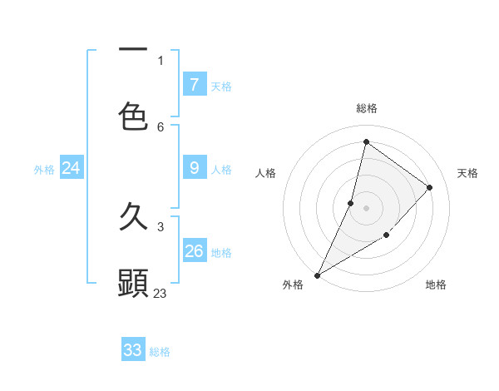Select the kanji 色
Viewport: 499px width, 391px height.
pyautogui.click(x=133, y=116)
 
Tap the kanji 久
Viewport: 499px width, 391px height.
pyautogui.click(x=133, y=218)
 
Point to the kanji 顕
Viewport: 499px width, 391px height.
pyautogui.click(x=133, y=283)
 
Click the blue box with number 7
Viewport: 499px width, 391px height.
pyautogui.click(x=195, y=84)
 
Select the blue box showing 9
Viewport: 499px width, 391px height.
pyautogui.click(x=195, y=168)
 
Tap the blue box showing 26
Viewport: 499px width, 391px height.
pyautogui.click(x=195, y=251)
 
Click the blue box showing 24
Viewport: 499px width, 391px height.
pyautogui.click(x=72, y=168)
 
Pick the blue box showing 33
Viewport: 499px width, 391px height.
pyautogui.click(x=133, y=350)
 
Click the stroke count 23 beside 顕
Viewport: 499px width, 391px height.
pyautogui.click(x=161, y=293)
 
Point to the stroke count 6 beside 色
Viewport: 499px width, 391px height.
pyautogui.click(x=161, y=126)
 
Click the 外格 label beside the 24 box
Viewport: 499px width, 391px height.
pyautogui.click(x=44, y=170)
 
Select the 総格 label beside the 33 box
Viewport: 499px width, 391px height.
pyautogui.click(x=160, y=352)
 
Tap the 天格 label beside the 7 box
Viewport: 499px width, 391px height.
pyautogui.click(x=220, y=86)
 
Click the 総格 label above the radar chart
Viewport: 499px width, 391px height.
pyautogui.click(x=366, y=108)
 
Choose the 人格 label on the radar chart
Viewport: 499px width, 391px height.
pyautogui.click(x=265, y=173)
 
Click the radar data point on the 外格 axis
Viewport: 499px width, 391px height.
pyautogui.click(x=317, y=275)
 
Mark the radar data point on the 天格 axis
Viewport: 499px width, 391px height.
pyautogui.click(x=430, y=187)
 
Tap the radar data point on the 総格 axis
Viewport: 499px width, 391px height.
pyautogui.click(x=366, y=141)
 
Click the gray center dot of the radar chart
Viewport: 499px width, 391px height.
pyautogui.click(x=366, y=207)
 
